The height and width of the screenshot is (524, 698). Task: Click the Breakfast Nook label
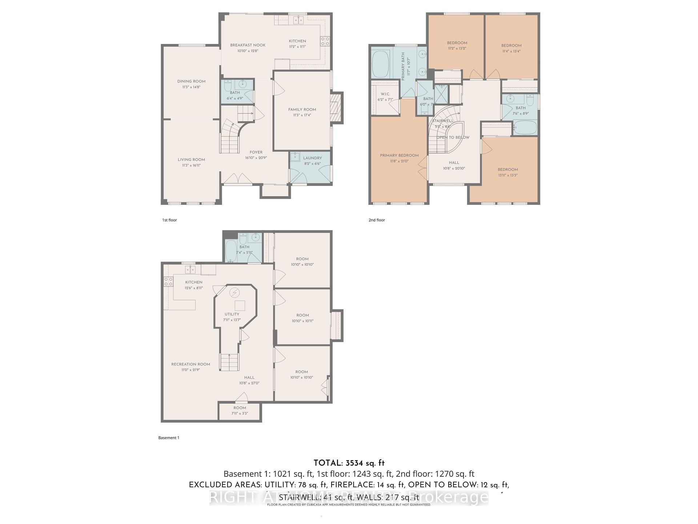[248, 45]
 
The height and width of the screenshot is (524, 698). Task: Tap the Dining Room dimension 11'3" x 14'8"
[191, 87]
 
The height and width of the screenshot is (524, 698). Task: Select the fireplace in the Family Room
[336, 108]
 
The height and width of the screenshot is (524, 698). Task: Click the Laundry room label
[312, 158]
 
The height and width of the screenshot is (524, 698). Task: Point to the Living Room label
[191, 159]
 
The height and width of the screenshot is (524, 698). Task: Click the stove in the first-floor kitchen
[325, 41]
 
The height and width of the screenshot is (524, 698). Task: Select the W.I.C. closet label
[385, 94]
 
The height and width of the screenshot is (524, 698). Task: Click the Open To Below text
[453, 138]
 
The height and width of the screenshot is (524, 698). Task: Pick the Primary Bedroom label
[399, 155]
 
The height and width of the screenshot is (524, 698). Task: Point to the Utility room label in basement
[232, 314]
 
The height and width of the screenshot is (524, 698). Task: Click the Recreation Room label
[190, 364]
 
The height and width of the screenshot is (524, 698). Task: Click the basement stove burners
[168, 281]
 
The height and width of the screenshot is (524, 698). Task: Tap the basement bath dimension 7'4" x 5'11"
[244, 253]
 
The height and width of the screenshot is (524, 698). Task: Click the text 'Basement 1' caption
[169, 438]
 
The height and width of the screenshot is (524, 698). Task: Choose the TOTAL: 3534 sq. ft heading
[349, 463]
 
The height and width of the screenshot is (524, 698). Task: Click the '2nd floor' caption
[377, 220]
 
